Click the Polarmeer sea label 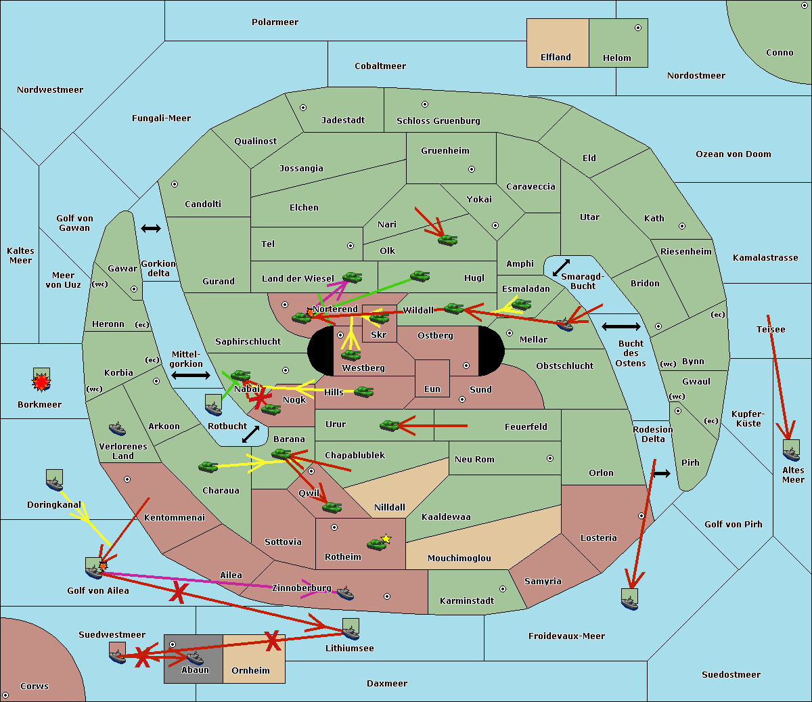pos(275,22)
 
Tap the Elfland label pos(556,58)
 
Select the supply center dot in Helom pos(638,28)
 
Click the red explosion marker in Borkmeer pos(41,382)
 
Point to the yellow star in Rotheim pos(386,538)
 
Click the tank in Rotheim pos(376,544)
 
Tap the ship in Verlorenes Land pos(117,429)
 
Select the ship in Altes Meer pos(791,454)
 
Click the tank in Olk pos(447,240)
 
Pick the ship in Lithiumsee pos(351,633)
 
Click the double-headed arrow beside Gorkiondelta pos(151,228)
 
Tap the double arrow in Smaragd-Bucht pos(561,267)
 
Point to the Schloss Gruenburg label pos(438,120)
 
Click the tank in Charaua pos(208,467)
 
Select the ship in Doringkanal pos(54,483)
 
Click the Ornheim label pos(250,671)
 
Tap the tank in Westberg pos(351,355)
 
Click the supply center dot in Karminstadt pos(503,589)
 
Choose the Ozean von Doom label pos(733,154)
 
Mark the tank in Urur pos(389,425)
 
